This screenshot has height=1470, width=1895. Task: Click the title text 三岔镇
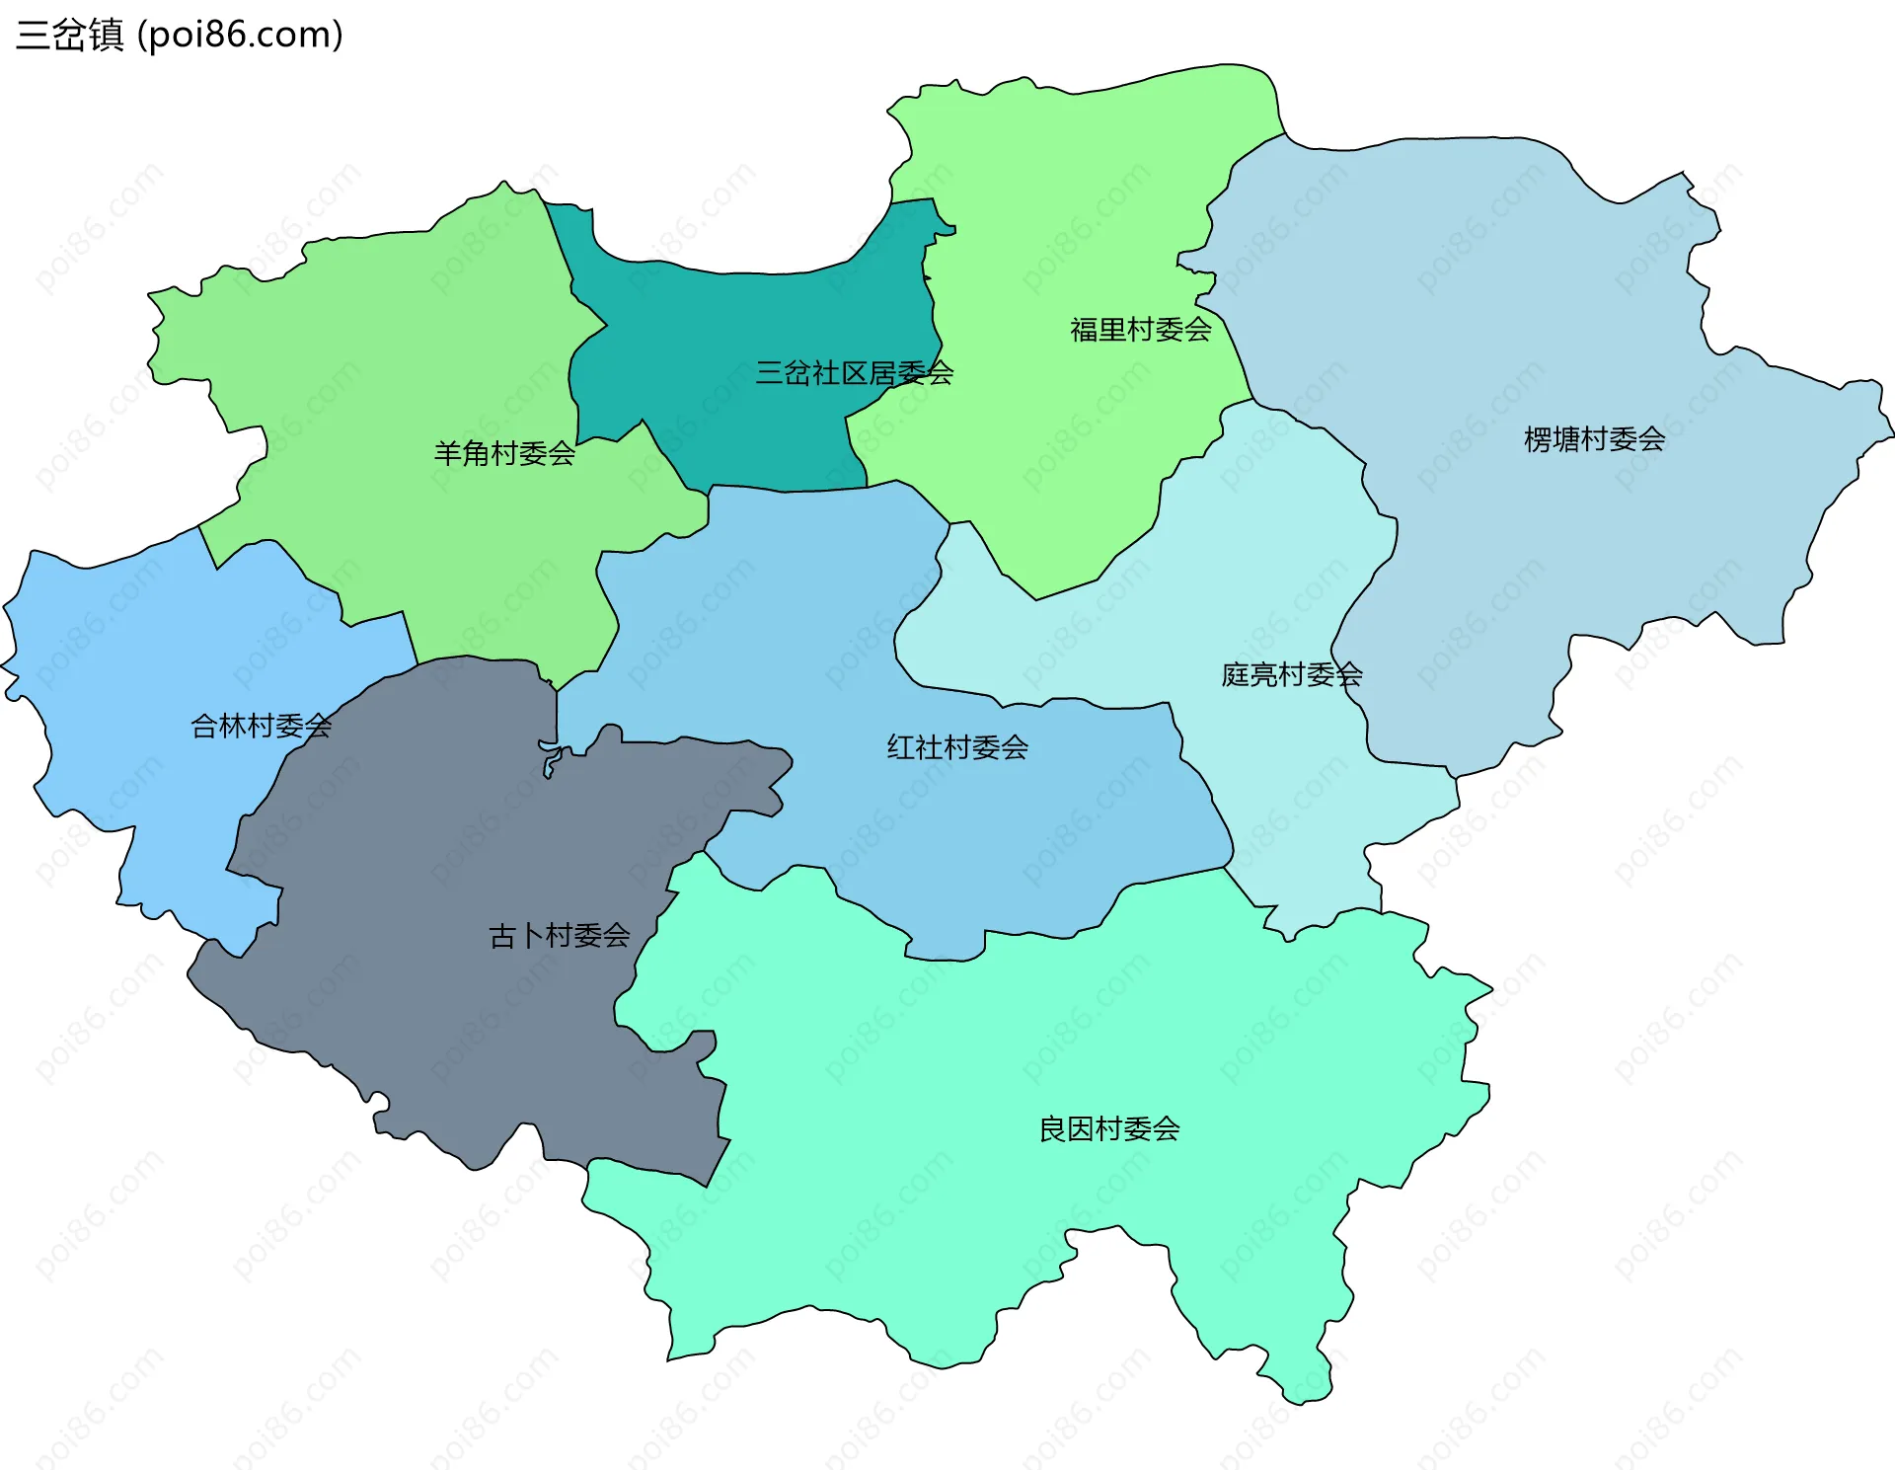pos(69,35)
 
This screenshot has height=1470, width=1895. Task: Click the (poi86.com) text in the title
pos(240,35)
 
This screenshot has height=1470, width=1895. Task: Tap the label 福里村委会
pos(1140,330)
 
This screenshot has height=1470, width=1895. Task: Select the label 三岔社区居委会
pos(854,373)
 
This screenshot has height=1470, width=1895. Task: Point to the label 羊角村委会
pos(504,454)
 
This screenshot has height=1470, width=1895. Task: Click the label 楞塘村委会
pos(1594,439)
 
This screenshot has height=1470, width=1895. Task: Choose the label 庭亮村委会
pos(1291,675)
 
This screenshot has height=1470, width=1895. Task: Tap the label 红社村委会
pos(957,747)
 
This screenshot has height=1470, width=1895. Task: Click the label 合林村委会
pos(261,727)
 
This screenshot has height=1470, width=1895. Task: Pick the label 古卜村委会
pos(560,936)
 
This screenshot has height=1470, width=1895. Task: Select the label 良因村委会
pos(1109,1128)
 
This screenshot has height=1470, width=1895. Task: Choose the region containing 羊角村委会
pos(395,346)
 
